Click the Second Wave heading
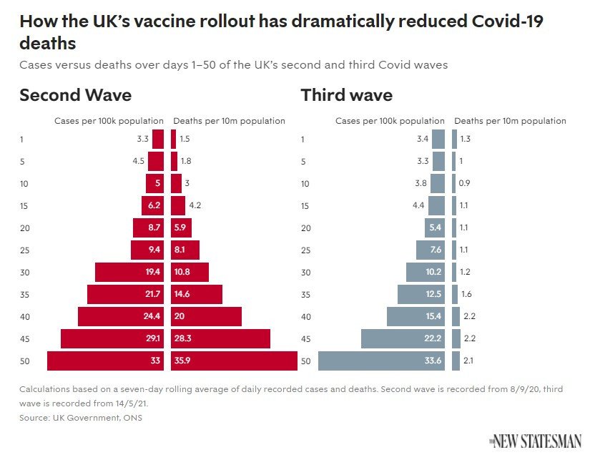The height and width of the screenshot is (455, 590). [75, 96]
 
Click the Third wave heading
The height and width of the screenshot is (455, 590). [346, 96]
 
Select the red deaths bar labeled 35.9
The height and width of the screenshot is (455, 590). [234, 361]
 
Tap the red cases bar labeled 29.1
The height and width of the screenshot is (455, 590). [112, 338]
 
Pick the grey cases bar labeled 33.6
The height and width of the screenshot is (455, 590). [381, 361]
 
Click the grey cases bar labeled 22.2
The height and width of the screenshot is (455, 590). [403, 338]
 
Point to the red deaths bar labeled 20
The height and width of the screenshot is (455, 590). [206, 316]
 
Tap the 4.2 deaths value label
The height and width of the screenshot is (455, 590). [195, 206]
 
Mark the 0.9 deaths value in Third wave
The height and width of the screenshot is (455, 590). [463, 184]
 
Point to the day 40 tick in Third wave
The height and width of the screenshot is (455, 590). [305, 317]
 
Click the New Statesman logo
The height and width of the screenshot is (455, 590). [535, 441]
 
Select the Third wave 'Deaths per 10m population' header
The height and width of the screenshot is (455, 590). [510, 121]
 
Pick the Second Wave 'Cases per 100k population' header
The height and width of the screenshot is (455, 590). [109, 121]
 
